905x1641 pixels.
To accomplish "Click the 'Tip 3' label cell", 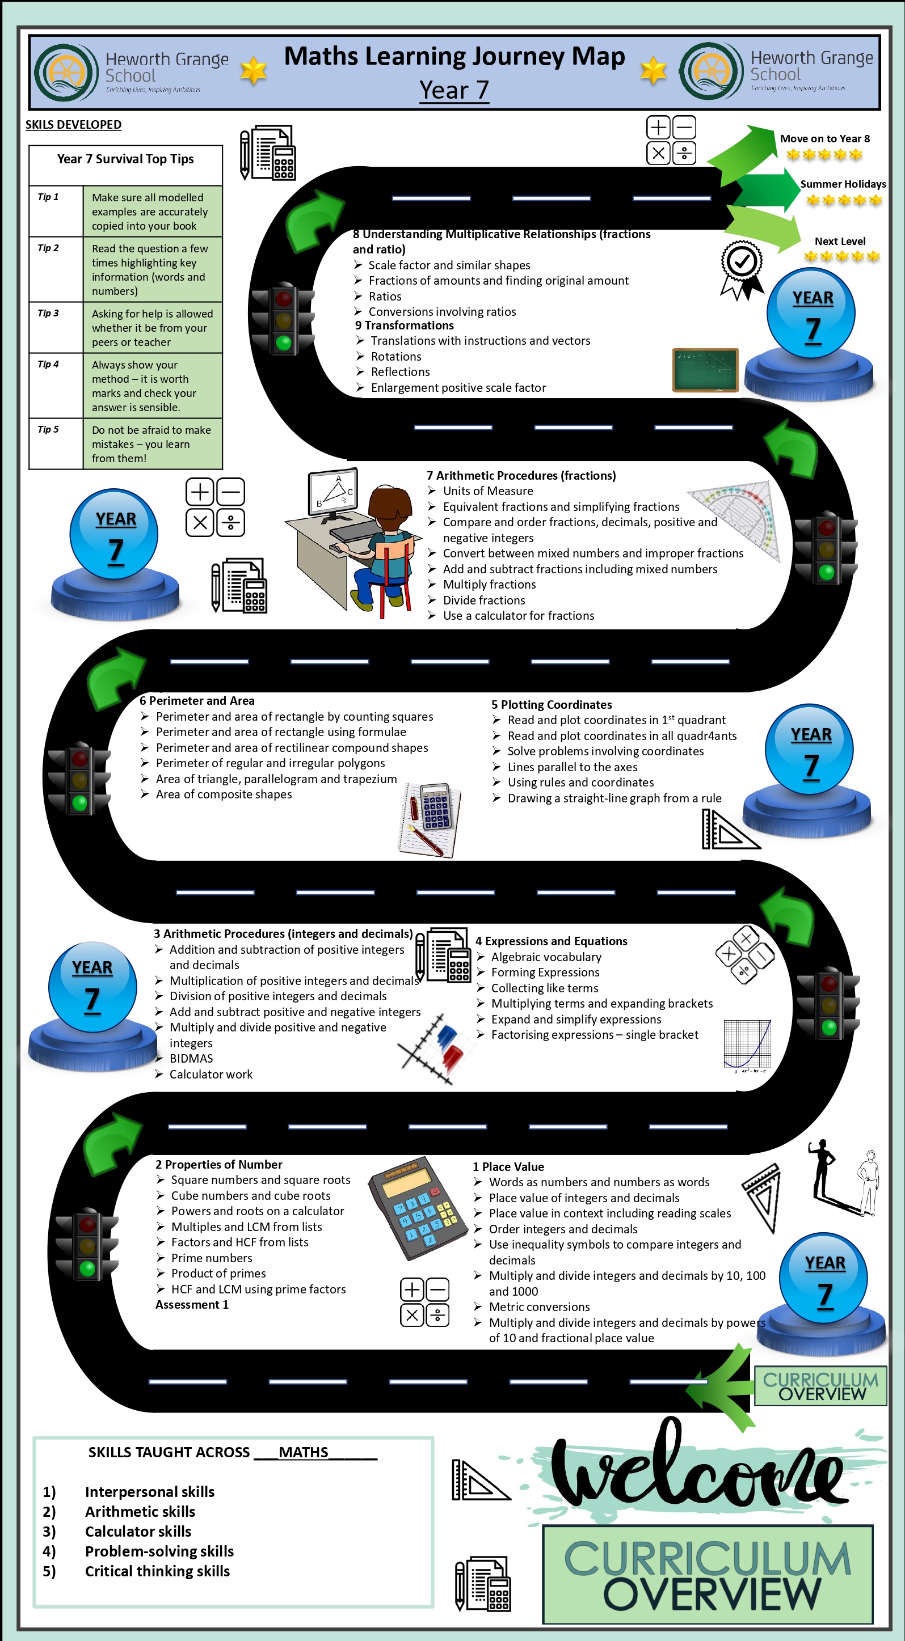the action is (x=56, y=327).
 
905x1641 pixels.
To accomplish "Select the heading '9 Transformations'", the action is (x=404, y=325).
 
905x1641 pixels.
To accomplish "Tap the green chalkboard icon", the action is (x=705, y=370).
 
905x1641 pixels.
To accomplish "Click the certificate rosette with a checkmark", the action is (x=741, y=269).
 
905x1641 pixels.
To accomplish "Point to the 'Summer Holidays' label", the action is (x=843, y=184).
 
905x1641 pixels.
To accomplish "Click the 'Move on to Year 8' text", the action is (x=824, y=139).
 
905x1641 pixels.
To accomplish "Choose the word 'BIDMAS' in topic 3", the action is (x=191, y=1059).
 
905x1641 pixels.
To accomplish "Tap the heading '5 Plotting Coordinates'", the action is (x=552, y=705).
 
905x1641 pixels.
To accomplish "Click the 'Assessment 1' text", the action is (x=192, y=1305).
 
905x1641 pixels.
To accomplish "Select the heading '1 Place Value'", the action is (x=508, y=1166).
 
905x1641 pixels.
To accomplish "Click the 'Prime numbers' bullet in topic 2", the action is (x=212, y=1258).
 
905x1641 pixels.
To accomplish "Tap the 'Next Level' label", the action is (x=840, y=242).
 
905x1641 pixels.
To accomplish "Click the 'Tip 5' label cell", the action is (x=56, y=443).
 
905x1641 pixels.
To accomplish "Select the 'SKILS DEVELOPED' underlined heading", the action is (x=73, y=125).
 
